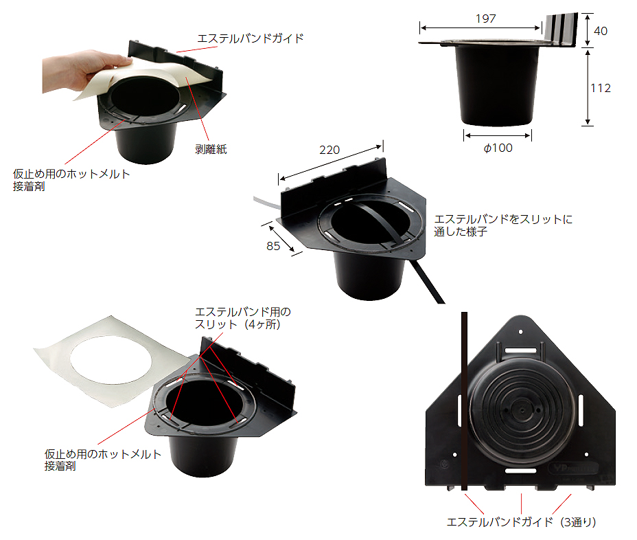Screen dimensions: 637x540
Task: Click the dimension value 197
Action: [x=486, y=19]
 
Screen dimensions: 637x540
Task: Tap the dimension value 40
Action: [x=601, y=31]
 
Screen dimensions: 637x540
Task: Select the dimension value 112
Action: [x=601, y=88]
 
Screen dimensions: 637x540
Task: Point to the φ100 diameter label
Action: [x=498, y=148]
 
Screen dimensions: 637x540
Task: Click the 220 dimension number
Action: [x=329, y=150]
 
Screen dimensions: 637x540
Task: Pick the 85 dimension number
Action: [x=273, y=246]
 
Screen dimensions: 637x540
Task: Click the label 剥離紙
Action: [x=211, y=149]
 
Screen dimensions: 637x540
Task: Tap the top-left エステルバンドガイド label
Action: [x=251, y=38]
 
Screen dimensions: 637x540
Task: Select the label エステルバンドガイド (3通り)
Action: [x=521, y=522]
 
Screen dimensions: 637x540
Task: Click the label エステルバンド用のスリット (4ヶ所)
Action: [x=243, y=318]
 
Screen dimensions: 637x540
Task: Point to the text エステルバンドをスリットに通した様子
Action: [x=503, y=225]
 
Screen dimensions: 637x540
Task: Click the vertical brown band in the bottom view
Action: [x=464, y=401]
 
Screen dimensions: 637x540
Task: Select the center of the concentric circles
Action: [x=521, y=409]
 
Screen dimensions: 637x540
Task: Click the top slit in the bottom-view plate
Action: [x=521, y=350]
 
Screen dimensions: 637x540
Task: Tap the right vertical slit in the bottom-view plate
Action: [x=581, y=409]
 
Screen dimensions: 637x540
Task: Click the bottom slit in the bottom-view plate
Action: [x=521, y=471]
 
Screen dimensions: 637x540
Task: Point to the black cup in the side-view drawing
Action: [x=496, y=85]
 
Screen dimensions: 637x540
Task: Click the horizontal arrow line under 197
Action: [x=480, y=28]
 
